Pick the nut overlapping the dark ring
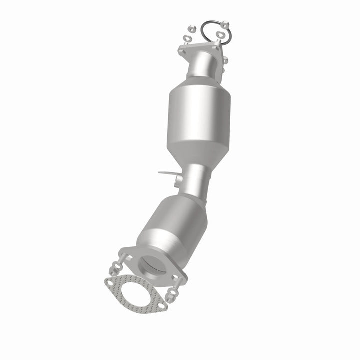click(225, 24)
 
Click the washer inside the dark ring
click(220, 34)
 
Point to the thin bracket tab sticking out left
click(166, 173)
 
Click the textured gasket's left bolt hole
click(109, 283)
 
